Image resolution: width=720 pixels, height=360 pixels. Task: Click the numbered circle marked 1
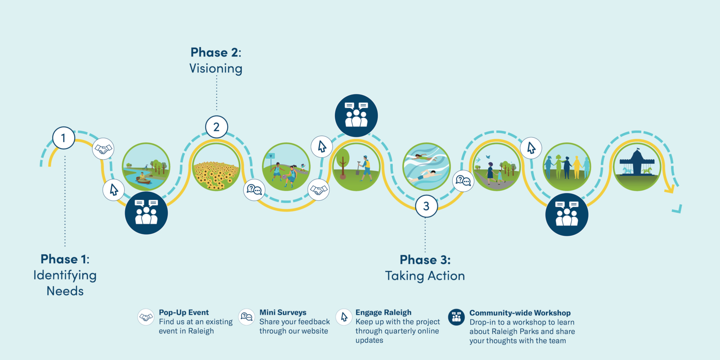click(63, 138)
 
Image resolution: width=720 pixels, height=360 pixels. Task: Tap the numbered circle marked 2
click(216, 127)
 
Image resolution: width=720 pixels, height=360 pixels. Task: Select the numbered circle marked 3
click(426, 206)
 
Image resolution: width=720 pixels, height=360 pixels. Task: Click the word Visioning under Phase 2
click(216, 68)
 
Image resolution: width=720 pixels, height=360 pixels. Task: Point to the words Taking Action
click(425, 276)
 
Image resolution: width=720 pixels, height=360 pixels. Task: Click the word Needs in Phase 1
click(65, 291)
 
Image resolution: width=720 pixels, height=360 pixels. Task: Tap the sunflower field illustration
click(216, 167)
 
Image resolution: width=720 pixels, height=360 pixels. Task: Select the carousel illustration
click(637, 167)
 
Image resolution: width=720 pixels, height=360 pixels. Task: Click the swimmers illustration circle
click(426, 167)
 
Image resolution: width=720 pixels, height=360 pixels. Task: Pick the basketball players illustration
click(286, 167)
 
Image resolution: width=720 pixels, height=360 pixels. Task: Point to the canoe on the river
click(143, 180)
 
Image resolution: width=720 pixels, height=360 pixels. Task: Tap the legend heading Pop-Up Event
click(184, 312)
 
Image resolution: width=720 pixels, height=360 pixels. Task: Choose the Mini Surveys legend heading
click(283, 312)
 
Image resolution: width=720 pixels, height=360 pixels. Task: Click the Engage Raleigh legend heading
click(383, 312)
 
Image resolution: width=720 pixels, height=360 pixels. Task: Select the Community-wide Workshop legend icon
click(456, 317)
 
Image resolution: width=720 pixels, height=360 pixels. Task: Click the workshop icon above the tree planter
click(356, 115)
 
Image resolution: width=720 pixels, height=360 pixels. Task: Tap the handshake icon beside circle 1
click(103, 149)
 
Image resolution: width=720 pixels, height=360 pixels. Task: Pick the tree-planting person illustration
click(356, 167)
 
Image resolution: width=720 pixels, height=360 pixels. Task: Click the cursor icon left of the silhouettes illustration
click(531, 148)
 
